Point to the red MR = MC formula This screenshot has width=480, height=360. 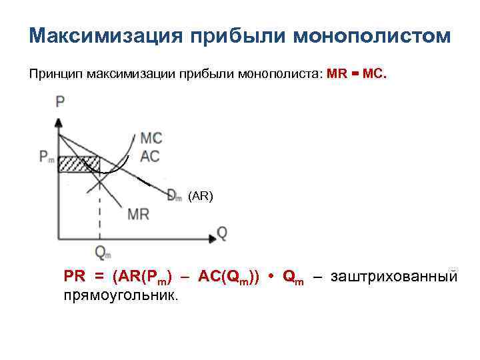pyautogui.click(x=356, y=73)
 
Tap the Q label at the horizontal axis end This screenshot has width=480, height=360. pyautogui.click(x=222, y=233)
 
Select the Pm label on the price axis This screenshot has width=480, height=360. pyautogui.click(x=47, y=157)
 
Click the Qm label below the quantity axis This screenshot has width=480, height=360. pyautogui.click(x=103, y=253)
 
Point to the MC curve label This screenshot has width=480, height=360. pyautogui.click(x=151, y=139)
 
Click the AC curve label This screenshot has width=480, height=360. pyautogui.click(x=150, y=157)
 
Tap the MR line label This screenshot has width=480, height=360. pyautogui.click(x=138, y=214)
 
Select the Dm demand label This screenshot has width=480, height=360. pyautogui.click(x=174, y=195)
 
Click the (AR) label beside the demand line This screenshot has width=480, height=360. pyautogui.click(x=200, y=196)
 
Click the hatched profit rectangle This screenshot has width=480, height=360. pyautogui.click(x=79, y=164)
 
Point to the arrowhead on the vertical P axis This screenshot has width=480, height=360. pyautogui.click(x=59, y=123)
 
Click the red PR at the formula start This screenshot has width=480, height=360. pyautogui.click(x=74, y=276)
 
